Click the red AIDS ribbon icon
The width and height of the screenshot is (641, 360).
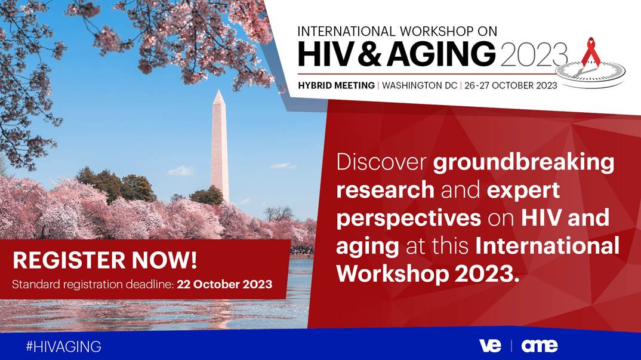click(x=591, y=52)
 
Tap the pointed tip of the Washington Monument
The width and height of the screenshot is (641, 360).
click(x=219, y=90)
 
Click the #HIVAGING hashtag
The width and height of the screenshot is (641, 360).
click(x=63, y=346)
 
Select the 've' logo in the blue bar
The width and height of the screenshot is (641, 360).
click(x=490, y=346)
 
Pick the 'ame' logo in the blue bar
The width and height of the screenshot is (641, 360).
click(x=539, y=346)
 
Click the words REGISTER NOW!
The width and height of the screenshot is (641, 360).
click(x=104, y=260)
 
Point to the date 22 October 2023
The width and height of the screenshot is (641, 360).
click(x=224, y=284)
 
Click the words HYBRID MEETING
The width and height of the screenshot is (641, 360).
click(x=336, y=85)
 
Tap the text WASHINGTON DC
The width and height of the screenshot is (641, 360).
click(x=420, y=85)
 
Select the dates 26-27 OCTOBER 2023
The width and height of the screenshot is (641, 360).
click(x=511, y=85)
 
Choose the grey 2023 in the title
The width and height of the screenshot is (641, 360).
click(x=534, y=54)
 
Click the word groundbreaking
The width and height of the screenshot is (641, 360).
click(x=523, y=162)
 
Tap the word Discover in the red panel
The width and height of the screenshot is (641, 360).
click(x=381, y=162)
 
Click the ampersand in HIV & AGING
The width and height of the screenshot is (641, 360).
click(x=371, y=54)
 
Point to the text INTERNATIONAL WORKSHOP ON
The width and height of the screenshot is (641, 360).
click(x=397, y=31)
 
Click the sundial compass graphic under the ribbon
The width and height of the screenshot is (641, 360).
click(x=590, y=73)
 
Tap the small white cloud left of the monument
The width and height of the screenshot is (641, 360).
click(x=180, y=170)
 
